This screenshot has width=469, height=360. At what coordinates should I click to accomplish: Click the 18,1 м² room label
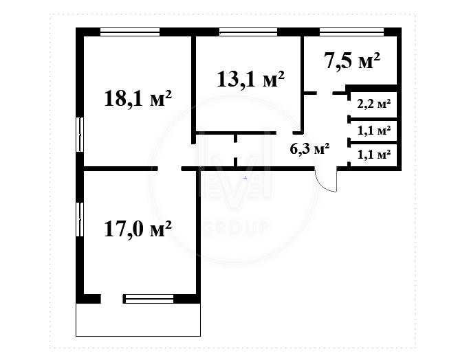click(138, 99)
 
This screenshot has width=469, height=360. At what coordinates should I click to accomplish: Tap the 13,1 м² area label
click(250, 80)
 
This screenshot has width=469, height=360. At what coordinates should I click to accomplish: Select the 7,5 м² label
click(352, 60)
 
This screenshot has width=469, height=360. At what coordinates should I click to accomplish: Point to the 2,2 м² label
click(374, 104)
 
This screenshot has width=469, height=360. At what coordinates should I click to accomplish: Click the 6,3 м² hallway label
click(309, 148)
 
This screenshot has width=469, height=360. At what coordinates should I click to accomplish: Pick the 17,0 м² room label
click(138, 229)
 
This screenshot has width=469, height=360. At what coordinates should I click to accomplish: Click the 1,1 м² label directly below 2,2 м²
click(374, 131)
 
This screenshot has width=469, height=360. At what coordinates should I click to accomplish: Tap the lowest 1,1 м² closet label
click(374, 155)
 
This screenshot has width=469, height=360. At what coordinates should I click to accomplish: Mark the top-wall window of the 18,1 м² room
click(130, 32)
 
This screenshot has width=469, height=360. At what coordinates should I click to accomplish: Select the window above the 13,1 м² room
click(248, 32)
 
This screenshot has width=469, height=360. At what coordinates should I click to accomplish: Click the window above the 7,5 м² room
click(352, 32)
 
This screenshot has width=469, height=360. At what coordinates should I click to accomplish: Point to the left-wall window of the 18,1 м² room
click(80, 135)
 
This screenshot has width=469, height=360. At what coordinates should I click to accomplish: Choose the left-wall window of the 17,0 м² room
click(80, 220)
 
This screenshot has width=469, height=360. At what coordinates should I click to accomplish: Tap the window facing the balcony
click(149, 299)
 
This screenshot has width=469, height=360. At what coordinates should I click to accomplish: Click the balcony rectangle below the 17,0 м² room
click(138, 319)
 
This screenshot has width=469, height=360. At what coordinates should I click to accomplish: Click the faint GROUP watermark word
click(236, 227)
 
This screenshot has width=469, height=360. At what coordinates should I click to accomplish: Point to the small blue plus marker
click(246, 178)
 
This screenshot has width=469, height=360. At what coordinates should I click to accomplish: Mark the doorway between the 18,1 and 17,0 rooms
click(170, 169)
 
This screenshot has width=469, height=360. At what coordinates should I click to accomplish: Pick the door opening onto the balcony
click(112, 299)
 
